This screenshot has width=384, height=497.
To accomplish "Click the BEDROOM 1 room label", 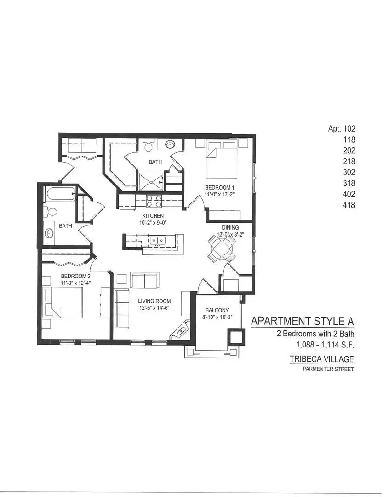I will (x=220, y=187).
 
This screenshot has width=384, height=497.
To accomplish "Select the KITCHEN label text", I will (x=153, y=216).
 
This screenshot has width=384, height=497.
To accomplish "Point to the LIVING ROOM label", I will (x=154, y=301).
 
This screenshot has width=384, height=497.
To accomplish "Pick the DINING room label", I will (x=230, y=227).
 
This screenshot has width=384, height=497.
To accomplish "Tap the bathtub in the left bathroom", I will (x=60, y=195).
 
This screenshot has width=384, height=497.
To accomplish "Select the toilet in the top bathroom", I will (x=148, y=147).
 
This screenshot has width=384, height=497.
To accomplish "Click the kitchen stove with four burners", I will (x=154, y=202).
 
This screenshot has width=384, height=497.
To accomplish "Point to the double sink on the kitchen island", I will (x=160, y=240).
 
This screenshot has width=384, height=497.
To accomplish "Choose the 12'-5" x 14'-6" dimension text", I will (x=154, y=309).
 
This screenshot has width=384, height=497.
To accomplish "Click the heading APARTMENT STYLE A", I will (x=303, y=321).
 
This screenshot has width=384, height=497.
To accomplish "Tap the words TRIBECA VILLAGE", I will (x=321, y=359).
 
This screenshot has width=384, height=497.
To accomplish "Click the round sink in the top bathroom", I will (x=170, y=144).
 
